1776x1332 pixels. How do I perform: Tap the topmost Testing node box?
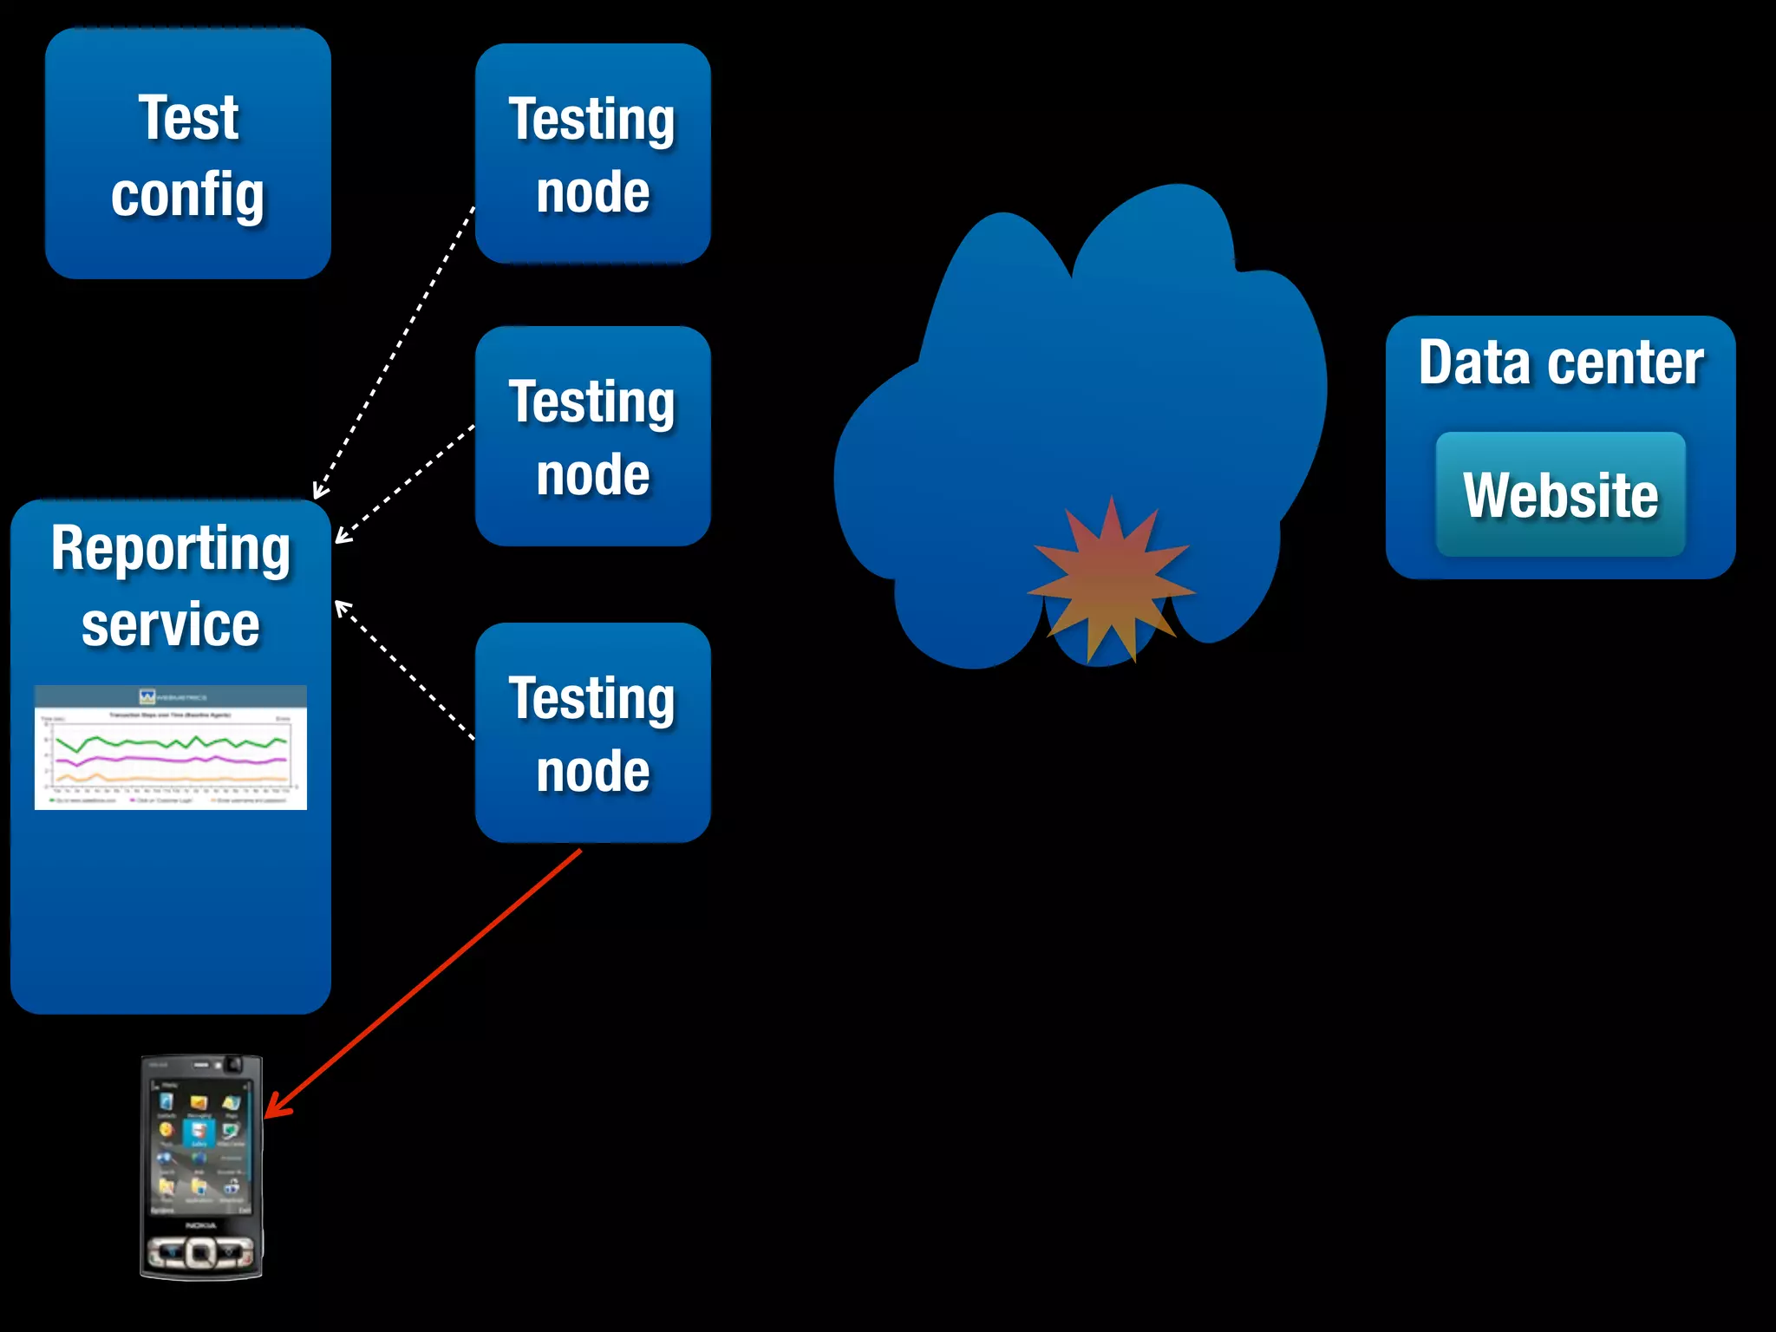(593, 153)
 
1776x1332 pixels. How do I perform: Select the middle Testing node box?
(593, 436)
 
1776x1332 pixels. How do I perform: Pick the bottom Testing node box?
(593, 733)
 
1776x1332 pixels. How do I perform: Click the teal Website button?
(1560, 494)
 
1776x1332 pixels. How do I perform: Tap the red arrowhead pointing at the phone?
(276, 1108)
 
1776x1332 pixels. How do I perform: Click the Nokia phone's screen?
(199, 1145)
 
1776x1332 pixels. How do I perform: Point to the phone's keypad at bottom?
(200, 1252)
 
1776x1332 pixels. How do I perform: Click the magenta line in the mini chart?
(173, 759)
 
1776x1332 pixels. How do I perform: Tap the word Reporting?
(171, 550)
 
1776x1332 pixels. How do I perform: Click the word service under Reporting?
(171, 625)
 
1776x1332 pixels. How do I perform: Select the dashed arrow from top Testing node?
(395, 351)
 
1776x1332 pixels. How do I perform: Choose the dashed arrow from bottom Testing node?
(403, 668)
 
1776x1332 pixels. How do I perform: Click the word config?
(188, 195)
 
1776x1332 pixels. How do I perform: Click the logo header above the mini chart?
(171, 696)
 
